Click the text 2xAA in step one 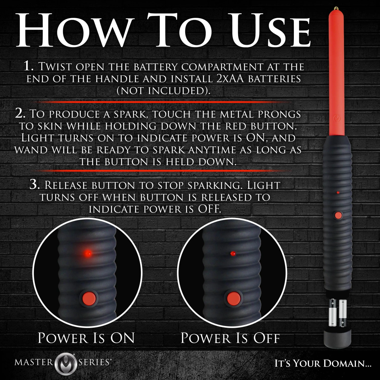pyautogui.click(x=227, y=79)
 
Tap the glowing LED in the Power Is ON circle pyautogui.click(x=88, y=253)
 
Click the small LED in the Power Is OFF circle pyautogui.click(x=233, y=253)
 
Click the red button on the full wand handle pyautogui.click(x=338, y=216)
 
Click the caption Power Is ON pyautogui.click(x=86, y=338)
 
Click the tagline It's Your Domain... pyautogui.click(x=323, y=364)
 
